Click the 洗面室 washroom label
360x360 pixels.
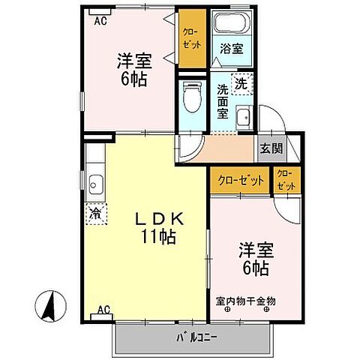click(223, 100)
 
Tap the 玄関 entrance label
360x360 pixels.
click(271, 148)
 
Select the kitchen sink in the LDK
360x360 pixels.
click(95, 182)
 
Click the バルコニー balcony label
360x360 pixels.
click(196, 336)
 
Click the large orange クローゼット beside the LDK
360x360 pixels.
click(240, 180)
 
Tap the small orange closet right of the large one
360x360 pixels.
click(286, 180)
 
